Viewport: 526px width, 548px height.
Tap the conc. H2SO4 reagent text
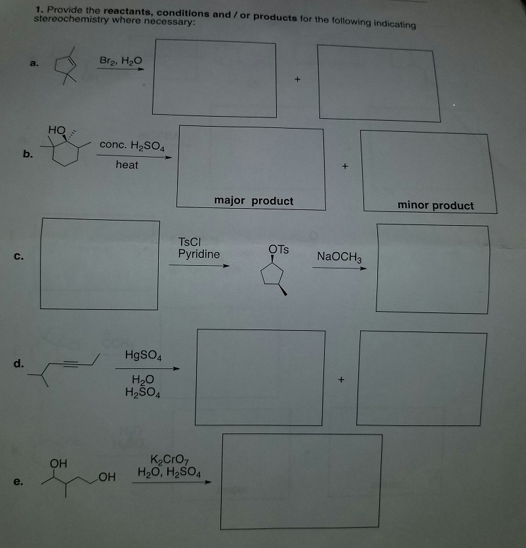(x=132, y=144)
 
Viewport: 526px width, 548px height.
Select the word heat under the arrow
(x=127, y=165)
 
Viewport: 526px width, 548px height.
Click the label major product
(x=254, y=201)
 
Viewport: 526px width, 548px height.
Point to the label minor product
(x=435, y=205)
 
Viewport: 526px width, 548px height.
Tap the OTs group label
(x=278, y=249)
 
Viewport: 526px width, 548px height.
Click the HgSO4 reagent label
(x=143, y=356)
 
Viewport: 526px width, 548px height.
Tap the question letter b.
(x=26, y=155)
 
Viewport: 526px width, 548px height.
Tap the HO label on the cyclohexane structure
(x=56, y=130)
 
